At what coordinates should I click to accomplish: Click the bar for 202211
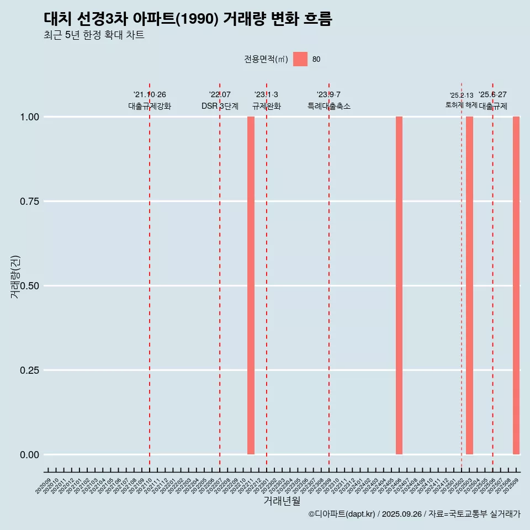(x=251, y=285)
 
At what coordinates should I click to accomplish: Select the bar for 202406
(x=399, y=285)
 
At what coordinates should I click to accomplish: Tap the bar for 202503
(x=469, y=285)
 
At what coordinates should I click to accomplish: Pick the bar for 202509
(x=516, y=285)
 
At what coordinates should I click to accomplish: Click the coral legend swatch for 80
(x=300, y=59)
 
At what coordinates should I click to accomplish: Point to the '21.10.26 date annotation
(x=150, y=95)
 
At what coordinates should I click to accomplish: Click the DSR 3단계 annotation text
(x=220, y=106)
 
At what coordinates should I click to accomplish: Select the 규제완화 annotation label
(x=267, y=106)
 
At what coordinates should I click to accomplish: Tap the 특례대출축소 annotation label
(x=329, y=106)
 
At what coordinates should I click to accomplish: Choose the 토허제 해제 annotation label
(x=461, y=105)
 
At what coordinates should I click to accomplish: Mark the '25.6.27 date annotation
(x=492, y=95)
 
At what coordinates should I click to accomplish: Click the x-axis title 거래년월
(x=282, y=501)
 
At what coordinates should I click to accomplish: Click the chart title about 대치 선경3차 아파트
(x=188, y=19)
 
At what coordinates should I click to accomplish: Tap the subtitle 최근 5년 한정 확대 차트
(x=94, y=35)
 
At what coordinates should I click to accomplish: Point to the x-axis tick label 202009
(x=44, y=486)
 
